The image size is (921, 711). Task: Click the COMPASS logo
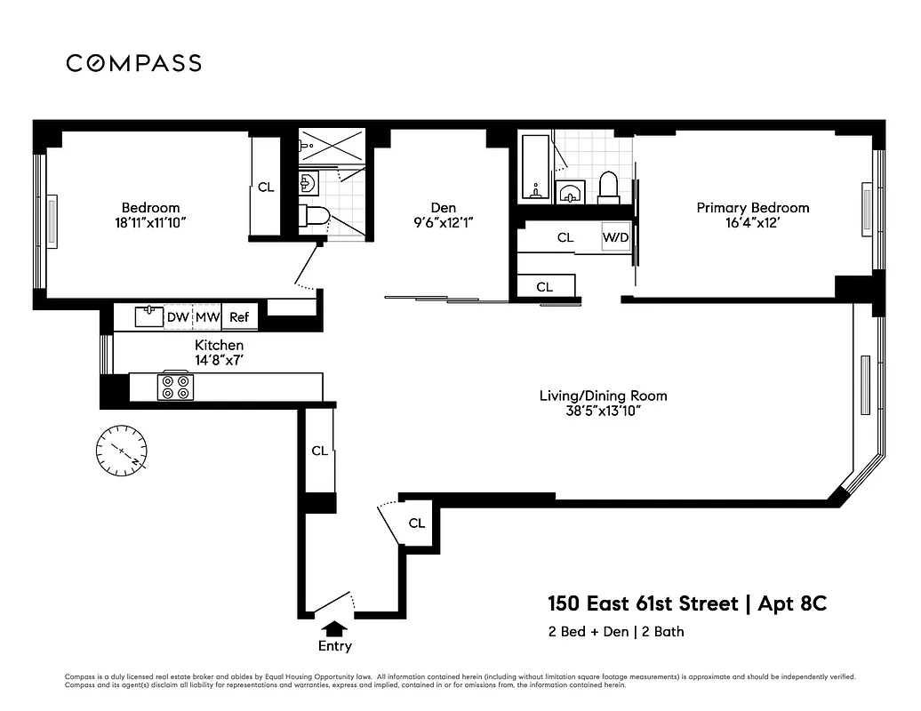point(133,63)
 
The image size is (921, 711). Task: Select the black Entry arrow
point(334,629)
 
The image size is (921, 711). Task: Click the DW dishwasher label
point(178,316)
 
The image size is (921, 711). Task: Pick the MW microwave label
point(207,316)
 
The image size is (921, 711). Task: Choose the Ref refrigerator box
point(238,316)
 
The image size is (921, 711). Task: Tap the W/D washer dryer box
point(615,237)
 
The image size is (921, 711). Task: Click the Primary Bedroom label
point(752,208)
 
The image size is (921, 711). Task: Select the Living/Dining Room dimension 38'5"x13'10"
point(603,411)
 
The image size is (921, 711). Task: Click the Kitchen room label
point(219,345)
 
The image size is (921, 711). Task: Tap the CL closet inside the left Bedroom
point(265,188)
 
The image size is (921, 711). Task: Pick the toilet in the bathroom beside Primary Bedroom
point(609,187)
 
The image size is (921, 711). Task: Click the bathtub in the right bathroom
point(535,168)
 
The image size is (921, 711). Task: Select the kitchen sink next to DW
point(148,316)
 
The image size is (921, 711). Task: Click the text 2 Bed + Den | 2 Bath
point(615,632)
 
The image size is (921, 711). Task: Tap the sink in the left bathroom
point(307,184)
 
